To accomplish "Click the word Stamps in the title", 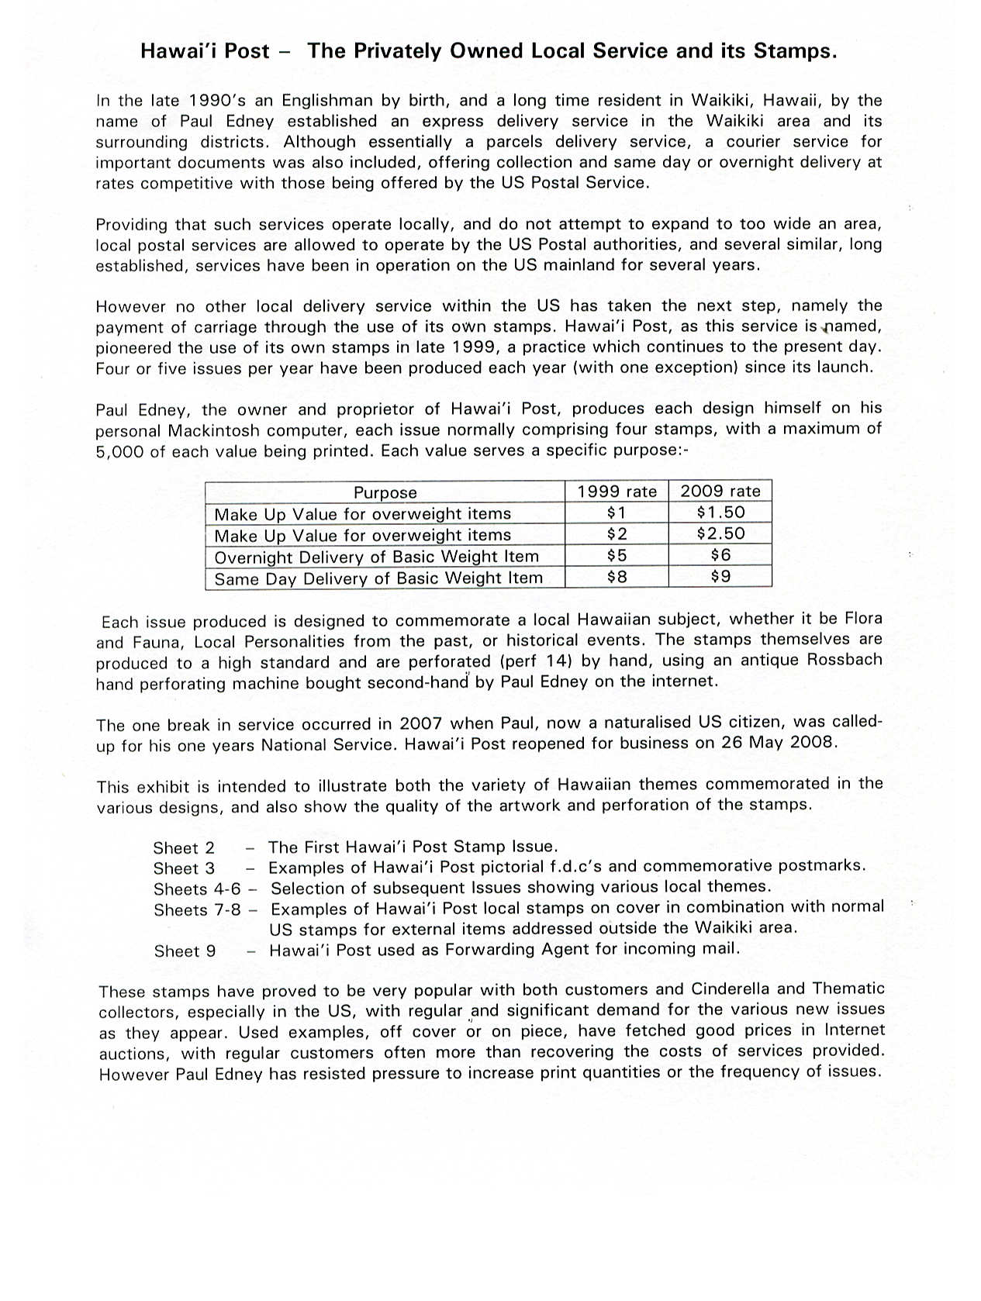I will click(x=793, y=51).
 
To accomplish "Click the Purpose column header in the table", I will click(x=385, y=492).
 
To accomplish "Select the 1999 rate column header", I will click(x=617, y=492).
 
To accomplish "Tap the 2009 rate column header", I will click(x=720, y=491).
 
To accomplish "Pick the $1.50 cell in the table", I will click(x=720, y=512).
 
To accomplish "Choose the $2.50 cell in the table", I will click(x=720, y=533).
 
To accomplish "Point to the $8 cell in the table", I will click(x=617, y=577).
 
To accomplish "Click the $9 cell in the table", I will click(x=720, y=576).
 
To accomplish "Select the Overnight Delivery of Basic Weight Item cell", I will click(x=376, y=557).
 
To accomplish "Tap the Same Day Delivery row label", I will click(x=378, y=578).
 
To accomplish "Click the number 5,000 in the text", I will click(x=119, y=452).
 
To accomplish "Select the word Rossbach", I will click(x=845, y=660).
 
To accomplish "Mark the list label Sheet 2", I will click(x=184, y=848).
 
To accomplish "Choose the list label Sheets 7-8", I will click(x=197, y=910).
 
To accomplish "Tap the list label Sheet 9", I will click(x=185, y=951).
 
